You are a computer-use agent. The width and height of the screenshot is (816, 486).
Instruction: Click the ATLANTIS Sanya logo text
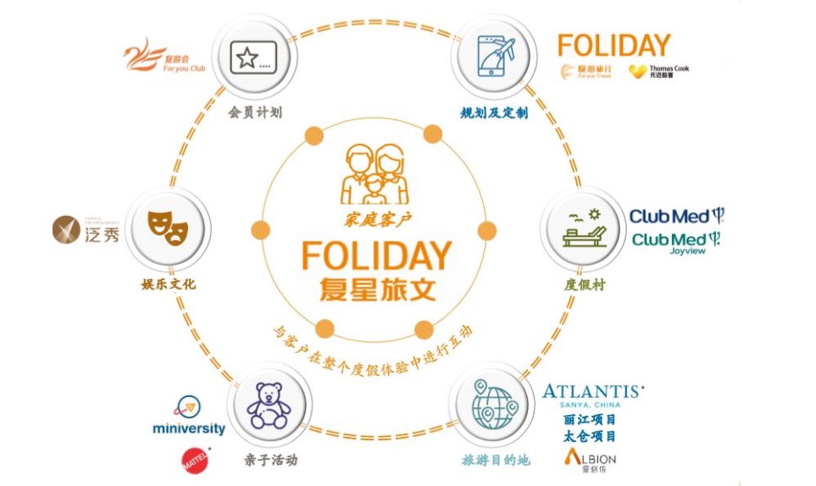(x=591, y=394)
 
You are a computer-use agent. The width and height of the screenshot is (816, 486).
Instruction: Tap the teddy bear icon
(x=268, y=406)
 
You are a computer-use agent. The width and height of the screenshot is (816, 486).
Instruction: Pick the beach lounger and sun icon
(x=584, y=226)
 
